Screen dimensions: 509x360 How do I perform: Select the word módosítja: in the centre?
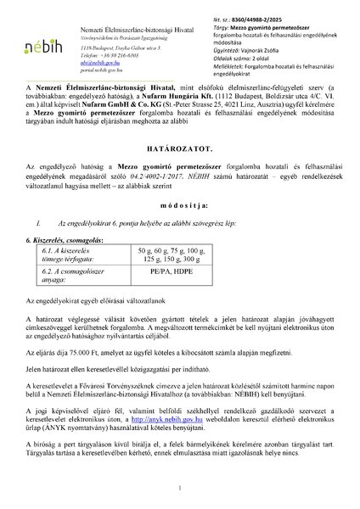180,206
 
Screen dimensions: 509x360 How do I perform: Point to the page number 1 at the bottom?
180,489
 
